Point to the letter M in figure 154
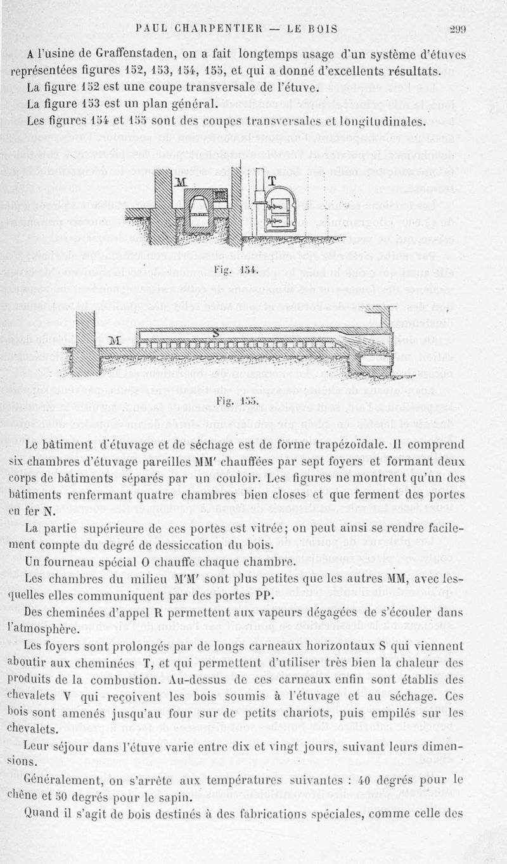click(x=182, y=182)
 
